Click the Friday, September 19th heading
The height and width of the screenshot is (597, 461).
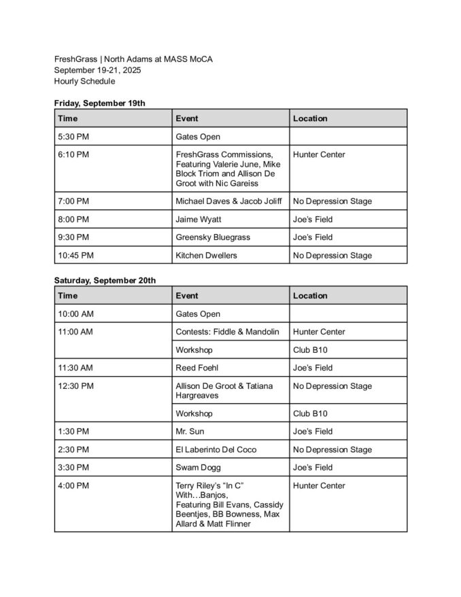tap(99, 103)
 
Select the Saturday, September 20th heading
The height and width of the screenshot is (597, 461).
tap(105, 280)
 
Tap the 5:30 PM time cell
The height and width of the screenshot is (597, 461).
tap(73, 137)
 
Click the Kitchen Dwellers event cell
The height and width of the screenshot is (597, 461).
tap(206, 256)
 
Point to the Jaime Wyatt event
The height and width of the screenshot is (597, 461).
tap(199, 220)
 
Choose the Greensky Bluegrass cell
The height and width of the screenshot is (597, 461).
tap(213, 237)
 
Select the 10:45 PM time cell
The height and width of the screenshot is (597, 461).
tap(75, 256)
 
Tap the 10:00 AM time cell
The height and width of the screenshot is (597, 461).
tap(75, 314)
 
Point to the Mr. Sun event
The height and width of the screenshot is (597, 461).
tap(190, 431)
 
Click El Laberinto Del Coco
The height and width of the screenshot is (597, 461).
tap(216, 449)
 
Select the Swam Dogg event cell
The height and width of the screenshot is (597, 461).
tap(198, 467)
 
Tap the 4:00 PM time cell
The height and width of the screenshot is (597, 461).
tap(73, 485)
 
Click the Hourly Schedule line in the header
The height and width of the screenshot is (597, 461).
tap(84, 81)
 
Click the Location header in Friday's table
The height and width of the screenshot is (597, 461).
tap(310, 118)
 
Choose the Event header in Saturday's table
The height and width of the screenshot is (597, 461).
tap(187, 296)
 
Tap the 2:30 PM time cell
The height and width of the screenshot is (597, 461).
tap(73, 449)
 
